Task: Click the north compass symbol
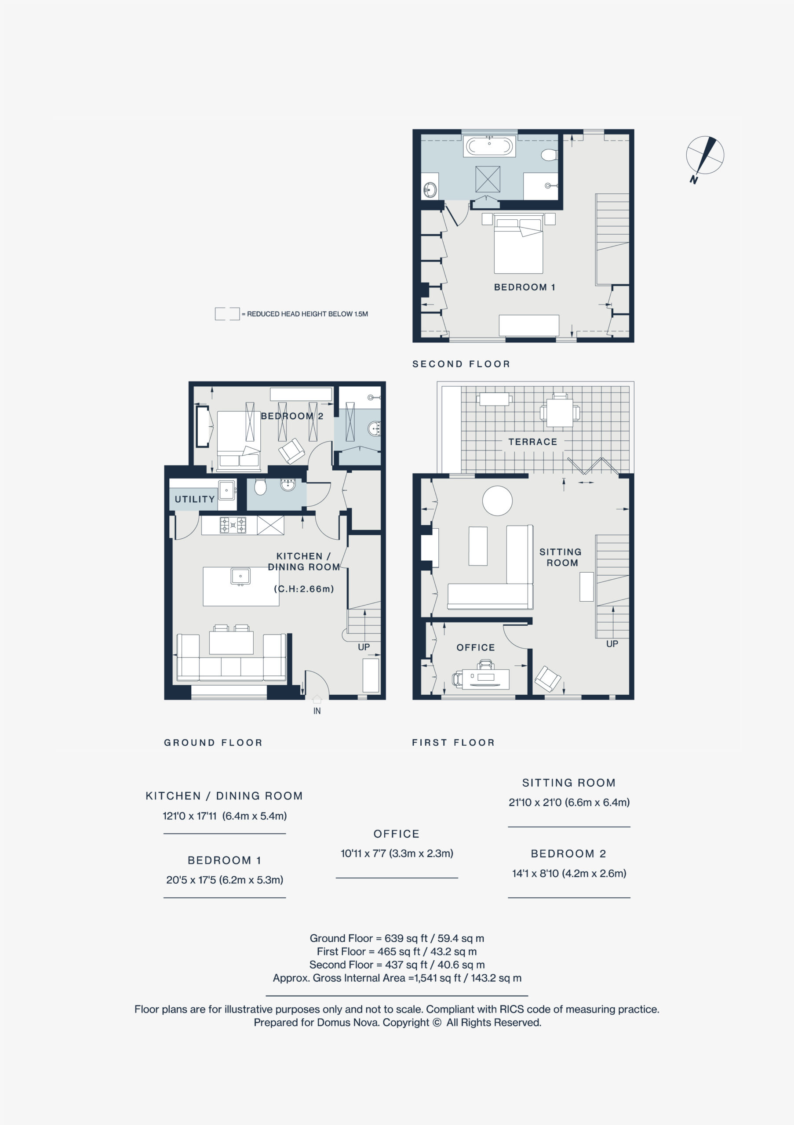tap(705, 156)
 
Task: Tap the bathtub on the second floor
tap(489, 146)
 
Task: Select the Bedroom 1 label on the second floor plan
tap(524, 287)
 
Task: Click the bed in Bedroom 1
tap(518, 243)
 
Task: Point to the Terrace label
tap(533, 442)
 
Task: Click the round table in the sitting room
tap(498, 500)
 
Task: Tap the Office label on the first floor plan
tap(475, 648)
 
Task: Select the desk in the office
tap(485, 679)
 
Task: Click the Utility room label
tap(195, 499)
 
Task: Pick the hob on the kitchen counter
tap(233, 525)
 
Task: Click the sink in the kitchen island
tap(240, 576)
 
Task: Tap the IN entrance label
tap(317, 711)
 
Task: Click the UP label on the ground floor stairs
tap(364, 647)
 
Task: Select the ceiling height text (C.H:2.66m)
tap(304, 589)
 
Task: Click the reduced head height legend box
tap(227, 314)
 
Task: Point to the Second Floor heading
tap(461, 364)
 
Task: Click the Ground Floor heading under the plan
tap(213, 742)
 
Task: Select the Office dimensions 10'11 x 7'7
tap(397, 853)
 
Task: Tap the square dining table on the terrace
tap(560, 412)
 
